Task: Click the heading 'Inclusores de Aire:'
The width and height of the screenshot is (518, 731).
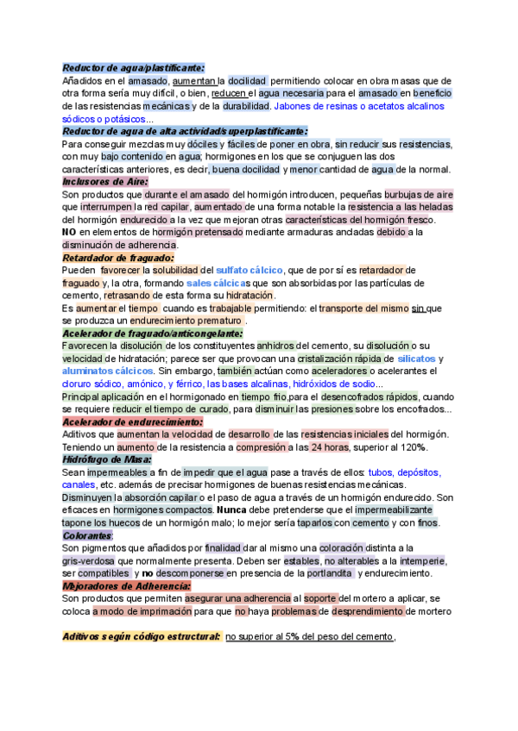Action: tap(105, 182)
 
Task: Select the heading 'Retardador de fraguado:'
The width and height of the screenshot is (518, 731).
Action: tap(118, 257)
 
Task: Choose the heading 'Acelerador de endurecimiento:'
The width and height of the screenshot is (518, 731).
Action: tap(132, 422)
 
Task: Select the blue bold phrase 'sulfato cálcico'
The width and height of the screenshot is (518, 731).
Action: tap(250, 271)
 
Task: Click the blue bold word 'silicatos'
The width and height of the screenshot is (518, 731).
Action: tap(416, 359)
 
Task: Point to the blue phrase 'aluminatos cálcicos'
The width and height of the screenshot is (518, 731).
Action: tap(107, 372)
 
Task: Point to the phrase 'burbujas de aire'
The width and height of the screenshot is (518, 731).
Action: tap(419, 195)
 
